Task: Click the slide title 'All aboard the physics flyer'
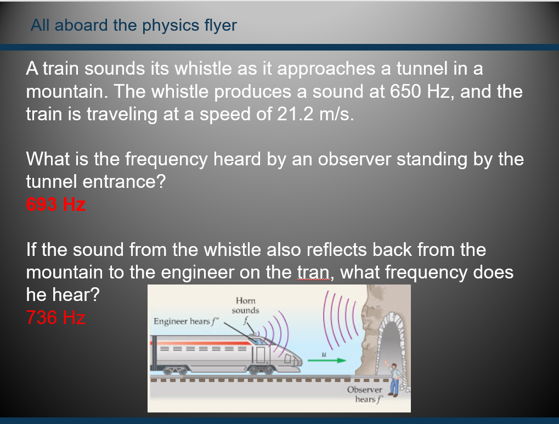(134, 25)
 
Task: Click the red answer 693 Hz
(56, 205)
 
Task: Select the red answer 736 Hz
(56, 317)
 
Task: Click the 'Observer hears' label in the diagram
(364, 394)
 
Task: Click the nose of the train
(293, 360)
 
